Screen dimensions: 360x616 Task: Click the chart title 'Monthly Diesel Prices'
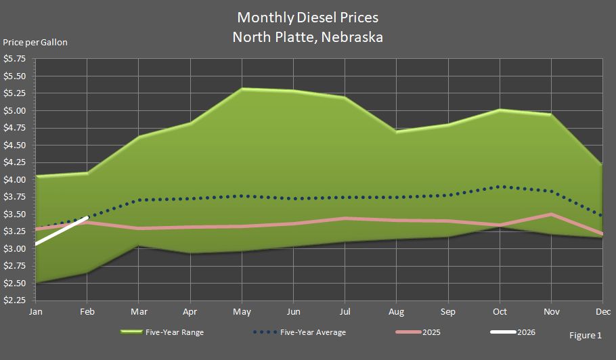307,17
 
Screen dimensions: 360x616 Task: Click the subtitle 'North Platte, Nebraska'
307,37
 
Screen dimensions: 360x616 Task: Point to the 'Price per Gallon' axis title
35,42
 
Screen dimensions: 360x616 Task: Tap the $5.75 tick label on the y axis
15,59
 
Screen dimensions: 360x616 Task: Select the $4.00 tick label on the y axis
15,179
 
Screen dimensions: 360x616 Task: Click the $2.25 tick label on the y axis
15,300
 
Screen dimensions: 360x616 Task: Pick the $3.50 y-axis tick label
15,214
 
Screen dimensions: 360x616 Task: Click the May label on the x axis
242,312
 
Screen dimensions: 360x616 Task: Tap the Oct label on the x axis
500,312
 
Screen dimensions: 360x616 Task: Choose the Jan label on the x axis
35,312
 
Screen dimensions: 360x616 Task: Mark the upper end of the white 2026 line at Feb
87,218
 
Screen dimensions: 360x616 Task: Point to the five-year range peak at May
242,89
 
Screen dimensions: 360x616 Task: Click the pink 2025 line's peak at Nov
551,215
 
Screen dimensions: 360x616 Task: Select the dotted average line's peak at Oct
500,186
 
